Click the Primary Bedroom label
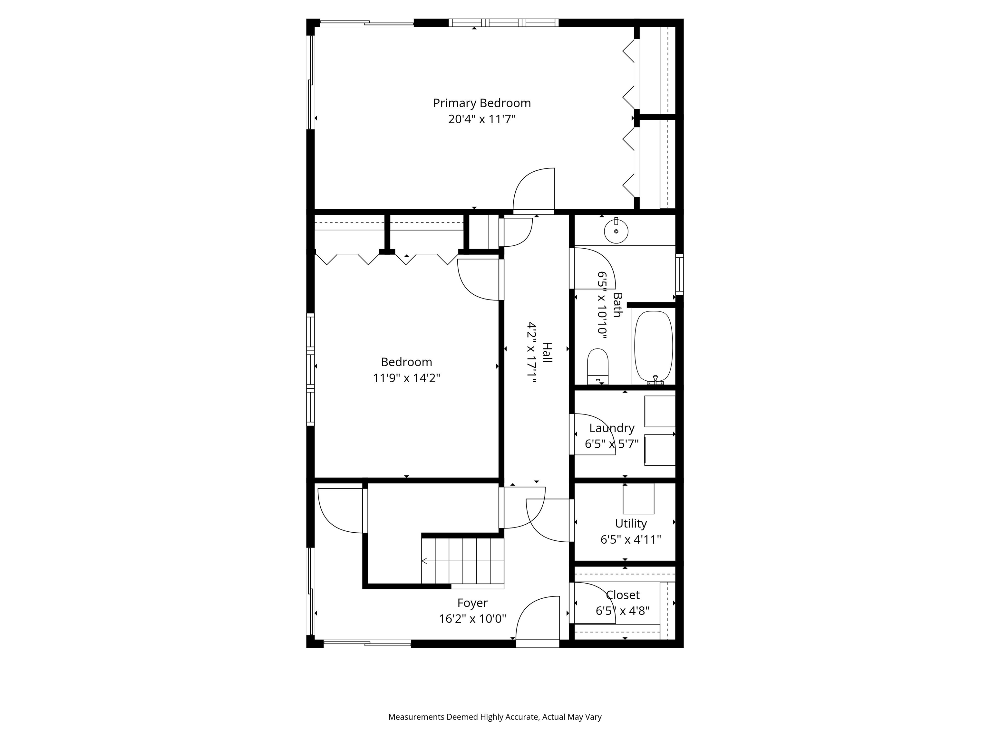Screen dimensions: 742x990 click(481, 103)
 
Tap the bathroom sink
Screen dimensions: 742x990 click(616, 231)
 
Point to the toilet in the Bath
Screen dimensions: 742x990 click(597, 366)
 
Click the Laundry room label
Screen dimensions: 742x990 click(611, 428)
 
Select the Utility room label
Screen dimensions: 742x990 click(631, 523)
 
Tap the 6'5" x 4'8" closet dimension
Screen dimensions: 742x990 click(622, 611)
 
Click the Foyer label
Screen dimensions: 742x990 click(472, 603)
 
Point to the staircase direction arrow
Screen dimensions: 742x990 click(424, 561)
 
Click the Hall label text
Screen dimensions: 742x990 click(547, 352)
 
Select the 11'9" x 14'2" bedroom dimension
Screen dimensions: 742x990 click(406, 378)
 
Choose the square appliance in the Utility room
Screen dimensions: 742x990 click(638, 498)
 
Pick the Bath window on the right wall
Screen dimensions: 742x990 click(679, 274)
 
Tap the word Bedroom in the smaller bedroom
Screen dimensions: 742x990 click(406, 362)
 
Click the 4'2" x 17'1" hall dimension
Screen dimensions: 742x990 click(532, 352)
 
